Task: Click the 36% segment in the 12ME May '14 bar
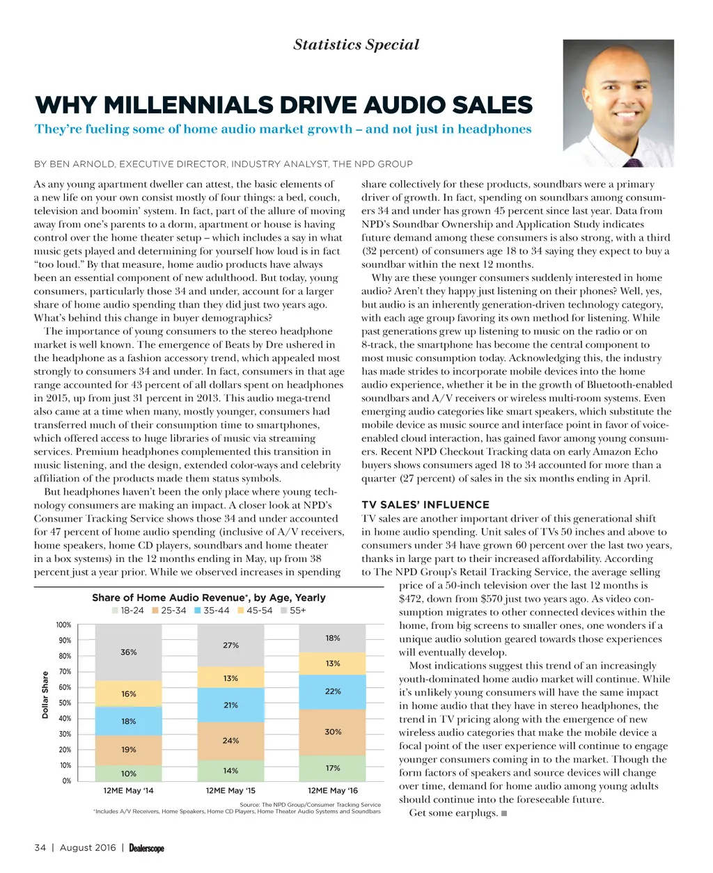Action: (x=129, y=652)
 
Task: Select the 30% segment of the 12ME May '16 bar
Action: (x=333, y=732)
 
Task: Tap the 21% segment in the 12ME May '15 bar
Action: (x=230, y=705)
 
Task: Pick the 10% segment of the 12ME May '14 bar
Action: (x=129, y=774)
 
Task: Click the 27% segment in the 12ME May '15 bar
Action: (x=230, y=646)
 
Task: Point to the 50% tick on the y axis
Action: (x=64, y=703)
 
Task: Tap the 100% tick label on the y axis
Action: (x=63, y=625)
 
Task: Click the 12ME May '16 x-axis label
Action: (x=332, y=791)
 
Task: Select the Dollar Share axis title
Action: (x=45, y=694)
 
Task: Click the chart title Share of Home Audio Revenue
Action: (x=208, y=598)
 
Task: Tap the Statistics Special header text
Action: (x=356, y=45)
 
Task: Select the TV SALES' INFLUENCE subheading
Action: (x=425, y=505)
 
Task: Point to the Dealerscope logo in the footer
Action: (x=146, y=848)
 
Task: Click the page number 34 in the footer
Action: (x=40, y=848)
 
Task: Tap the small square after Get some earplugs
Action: (x=503, y=813)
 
